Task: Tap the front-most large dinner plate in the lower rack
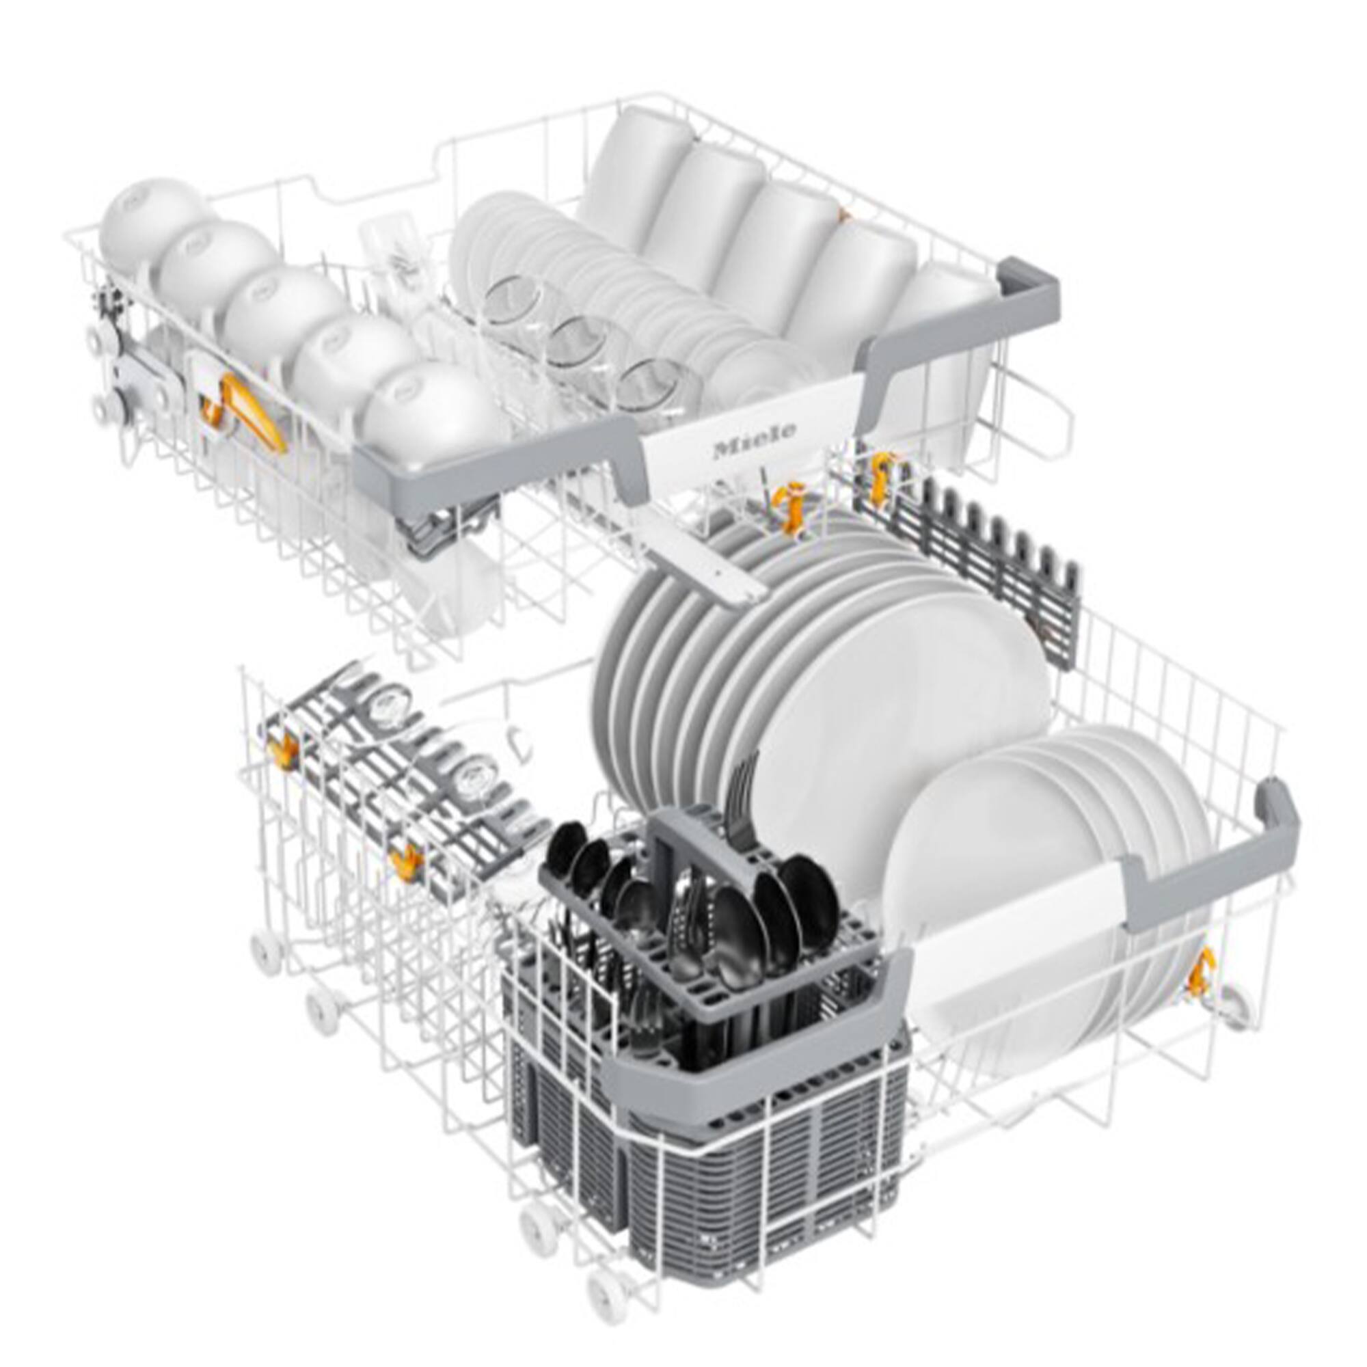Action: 899,715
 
